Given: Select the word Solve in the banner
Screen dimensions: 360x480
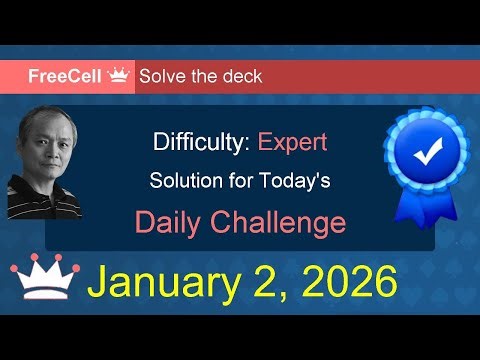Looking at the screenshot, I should pyautogui.click(x=163, y=76).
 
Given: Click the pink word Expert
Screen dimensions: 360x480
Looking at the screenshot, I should pyautogui.click(x=292, y=141).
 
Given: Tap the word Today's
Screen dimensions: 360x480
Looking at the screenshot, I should pyautogui.click(x=295, y=182).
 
